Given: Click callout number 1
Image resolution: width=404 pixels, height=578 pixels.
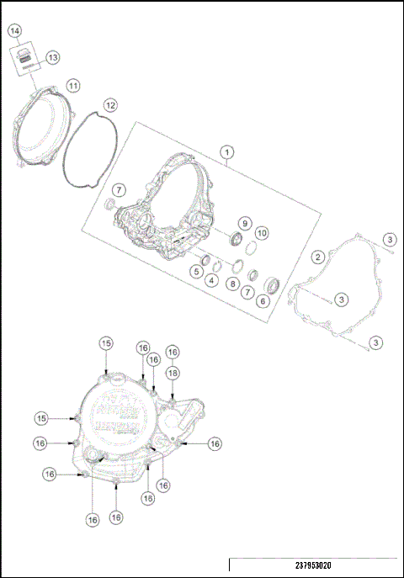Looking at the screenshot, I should pyautogui.click(x=226, y=152).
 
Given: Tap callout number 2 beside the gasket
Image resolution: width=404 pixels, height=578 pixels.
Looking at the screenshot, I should pyautogui.click(x=318, y=257).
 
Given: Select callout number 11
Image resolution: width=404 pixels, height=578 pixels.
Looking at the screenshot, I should pyautogui.click(x=73, y=86).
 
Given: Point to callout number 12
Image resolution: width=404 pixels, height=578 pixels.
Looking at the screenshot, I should pyautogui.click(x=110, y=105).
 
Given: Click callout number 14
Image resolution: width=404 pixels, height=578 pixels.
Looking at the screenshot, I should pyautogui.click(x=14, y=31).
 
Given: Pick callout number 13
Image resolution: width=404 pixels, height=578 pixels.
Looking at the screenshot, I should pyautogui.click(x=53, y=57).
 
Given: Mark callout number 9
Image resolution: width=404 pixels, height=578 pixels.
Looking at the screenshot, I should pyautogui.click(x=243, y=224).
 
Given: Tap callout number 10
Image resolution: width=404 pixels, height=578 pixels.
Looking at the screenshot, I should pyautogui.click(x=262, y=232).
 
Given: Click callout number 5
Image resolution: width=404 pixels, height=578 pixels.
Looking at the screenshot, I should pyautogui.click(x=194, y=271).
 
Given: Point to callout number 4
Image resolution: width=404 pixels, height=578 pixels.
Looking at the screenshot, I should pyautogui.click(x=214, y=280).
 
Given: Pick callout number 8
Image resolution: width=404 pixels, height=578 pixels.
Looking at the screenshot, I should pyautogui.click(x=232, y=284).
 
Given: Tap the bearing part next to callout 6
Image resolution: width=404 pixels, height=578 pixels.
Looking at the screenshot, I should pyautogui.click(x=274, y=282).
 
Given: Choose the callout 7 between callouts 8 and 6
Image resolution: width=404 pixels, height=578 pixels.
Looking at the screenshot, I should pyautogui.click(x=247, y=292).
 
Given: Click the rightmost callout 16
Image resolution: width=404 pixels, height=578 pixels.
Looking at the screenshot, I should pyautogui.click(x=215, y=443).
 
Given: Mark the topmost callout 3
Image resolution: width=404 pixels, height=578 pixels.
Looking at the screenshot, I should pyautogui.click(x=391, y=240).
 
